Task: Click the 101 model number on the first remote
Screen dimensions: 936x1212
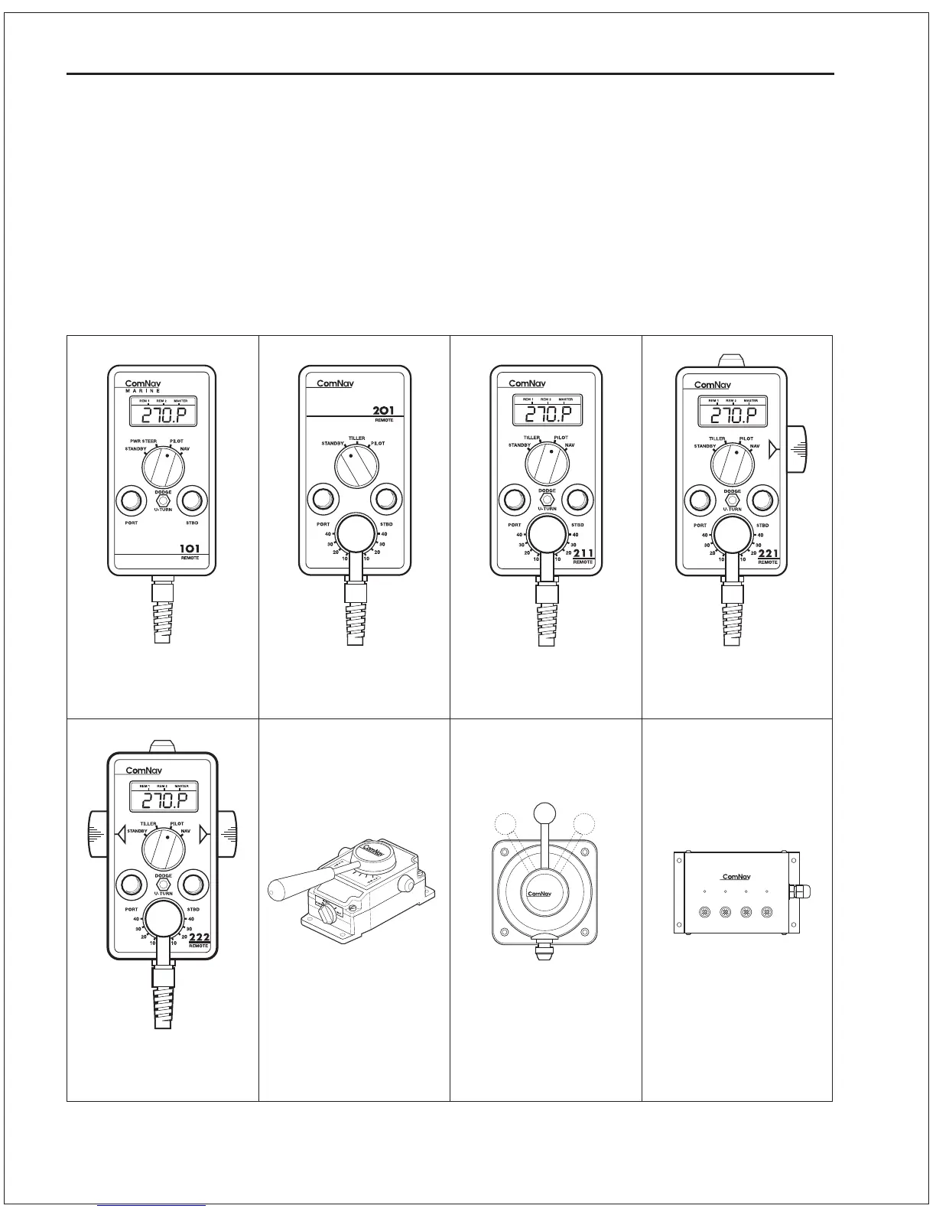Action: coord(190,549)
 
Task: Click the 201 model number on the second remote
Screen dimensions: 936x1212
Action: coord(382,411)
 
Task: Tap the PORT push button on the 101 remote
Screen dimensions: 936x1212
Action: coord(131,501)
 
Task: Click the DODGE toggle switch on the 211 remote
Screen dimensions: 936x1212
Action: coord(546,500)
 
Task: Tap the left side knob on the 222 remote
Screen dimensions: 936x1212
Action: coord(99,834)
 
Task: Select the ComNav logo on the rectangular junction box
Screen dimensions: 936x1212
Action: coord(737,877)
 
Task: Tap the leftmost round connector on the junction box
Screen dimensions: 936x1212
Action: coord(705,912)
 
